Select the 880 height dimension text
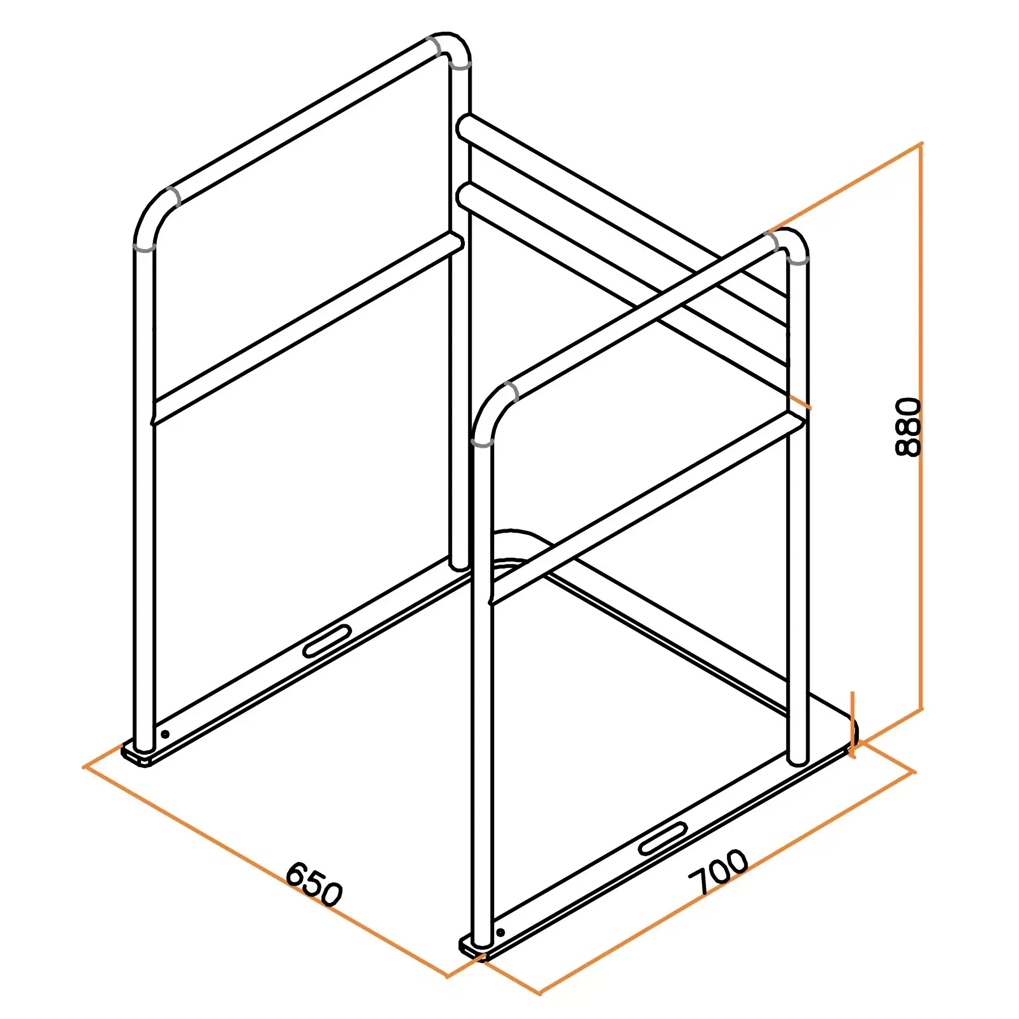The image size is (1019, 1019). pyautogui.click(x=909, y=427)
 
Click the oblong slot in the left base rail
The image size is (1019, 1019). pyautogui.click(x=327, y=641)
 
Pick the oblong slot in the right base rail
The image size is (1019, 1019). pyautogui.click(x=663, y=838)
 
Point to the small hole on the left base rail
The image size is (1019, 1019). pyautogui.click(x=165, y=734)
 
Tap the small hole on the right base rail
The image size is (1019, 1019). pyautogui.click(x=500, y=932)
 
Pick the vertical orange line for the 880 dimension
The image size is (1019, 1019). pyautogui.click(x=922, y=426)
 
